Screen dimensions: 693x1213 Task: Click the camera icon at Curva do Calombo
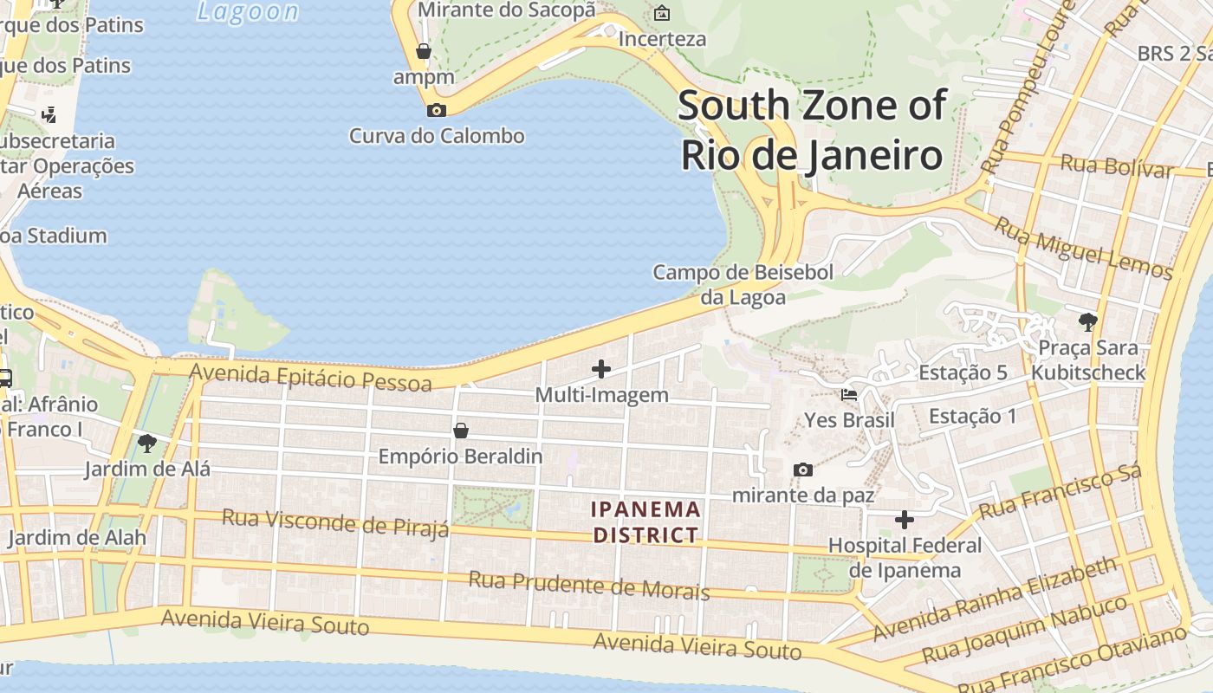click(x=437, y=110)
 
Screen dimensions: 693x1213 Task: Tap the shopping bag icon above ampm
click(x=424, y=51)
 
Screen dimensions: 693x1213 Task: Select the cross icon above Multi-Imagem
click(x=600, y=369)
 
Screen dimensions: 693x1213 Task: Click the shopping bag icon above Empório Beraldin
click(x=461, y=431)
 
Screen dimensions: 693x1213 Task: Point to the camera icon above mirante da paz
click(x=803, y=470)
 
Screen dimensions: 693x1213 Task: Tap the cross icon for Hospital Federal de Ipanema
click(x=905, y=520)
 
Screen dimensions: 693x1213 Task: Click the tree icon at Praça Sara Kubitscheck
click(x=1087, y=322)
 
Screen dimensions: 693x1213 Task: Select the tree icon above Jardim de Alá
click(x=147, y=444)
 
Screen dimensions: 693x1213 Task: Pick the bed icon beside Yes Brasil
click(x=849, y=395)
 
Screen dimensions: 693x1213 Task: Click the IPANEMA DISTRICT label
click(x=645, y=521)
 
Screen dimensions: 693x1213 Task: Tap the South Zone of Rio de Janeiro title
click(x=811, y=130)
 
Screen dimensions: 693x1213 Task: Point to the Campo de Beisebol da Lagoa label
click(x=743, y=285)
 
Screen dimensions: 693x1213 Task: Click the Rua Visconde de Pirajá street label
click(x=335, y=522)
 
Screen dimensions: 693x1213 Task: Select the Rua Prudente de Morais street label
click(x=588, y=586)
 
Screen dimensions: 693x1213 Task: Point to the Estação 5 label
click(x=963, y=372)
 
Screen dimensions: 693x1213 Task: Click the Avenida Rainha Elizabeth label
click(x=995, y=599)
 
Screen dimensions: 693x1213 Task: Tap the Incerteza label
click(x=662, y=39)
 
